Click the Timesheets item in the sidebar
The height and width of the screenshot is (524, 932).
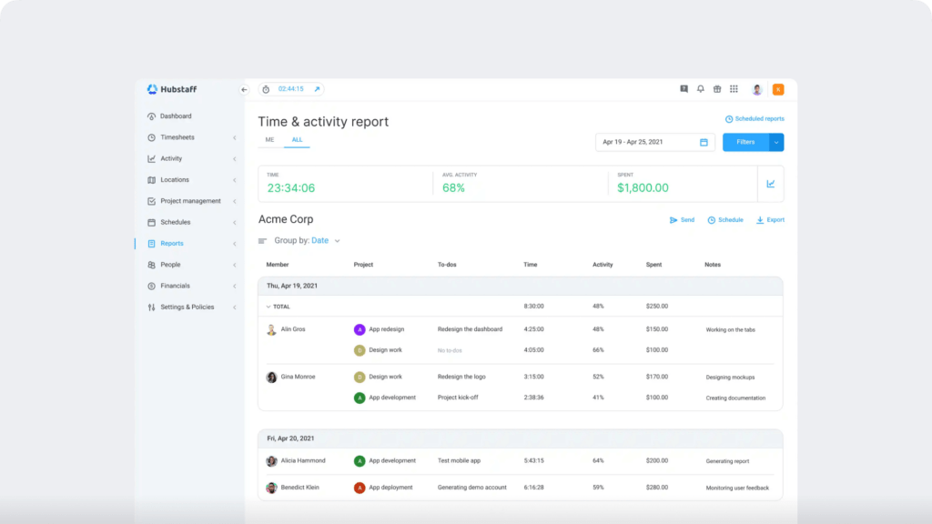(177, 137)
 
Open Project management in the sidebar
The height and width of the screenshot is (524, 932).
(190, 201)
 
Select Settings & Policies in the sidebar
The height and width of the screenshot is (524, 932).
(187, 307)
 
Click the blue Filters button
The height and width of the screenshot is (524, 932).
(745, 142)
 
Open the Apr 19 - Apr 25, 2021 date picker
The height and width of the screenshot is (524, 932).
(654, 142)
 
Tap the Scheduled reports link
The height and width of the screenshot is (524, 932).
(755, 119)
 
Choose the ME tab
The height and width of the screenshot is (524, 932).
(269, 140)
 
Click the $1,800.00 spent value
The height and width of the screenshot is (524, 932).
(643, 188)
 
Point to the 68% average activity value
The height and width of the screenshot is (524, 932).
(453, 188)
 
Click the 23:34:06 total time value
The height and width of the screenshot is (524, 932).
(291, 188)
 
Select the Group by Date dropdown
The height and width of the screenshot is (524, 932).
(325, 241)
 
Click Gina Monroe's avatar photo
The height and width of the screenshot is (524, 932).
(271, 377)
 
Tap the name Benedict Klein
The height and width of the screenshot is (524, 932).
(300, 488)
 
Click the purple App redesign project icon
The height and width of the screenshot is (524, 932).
(360, 329)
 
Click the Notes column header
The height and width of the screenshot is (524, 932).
(713, 265)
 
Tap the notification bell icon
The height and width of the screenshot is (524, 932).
(701, 89)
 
